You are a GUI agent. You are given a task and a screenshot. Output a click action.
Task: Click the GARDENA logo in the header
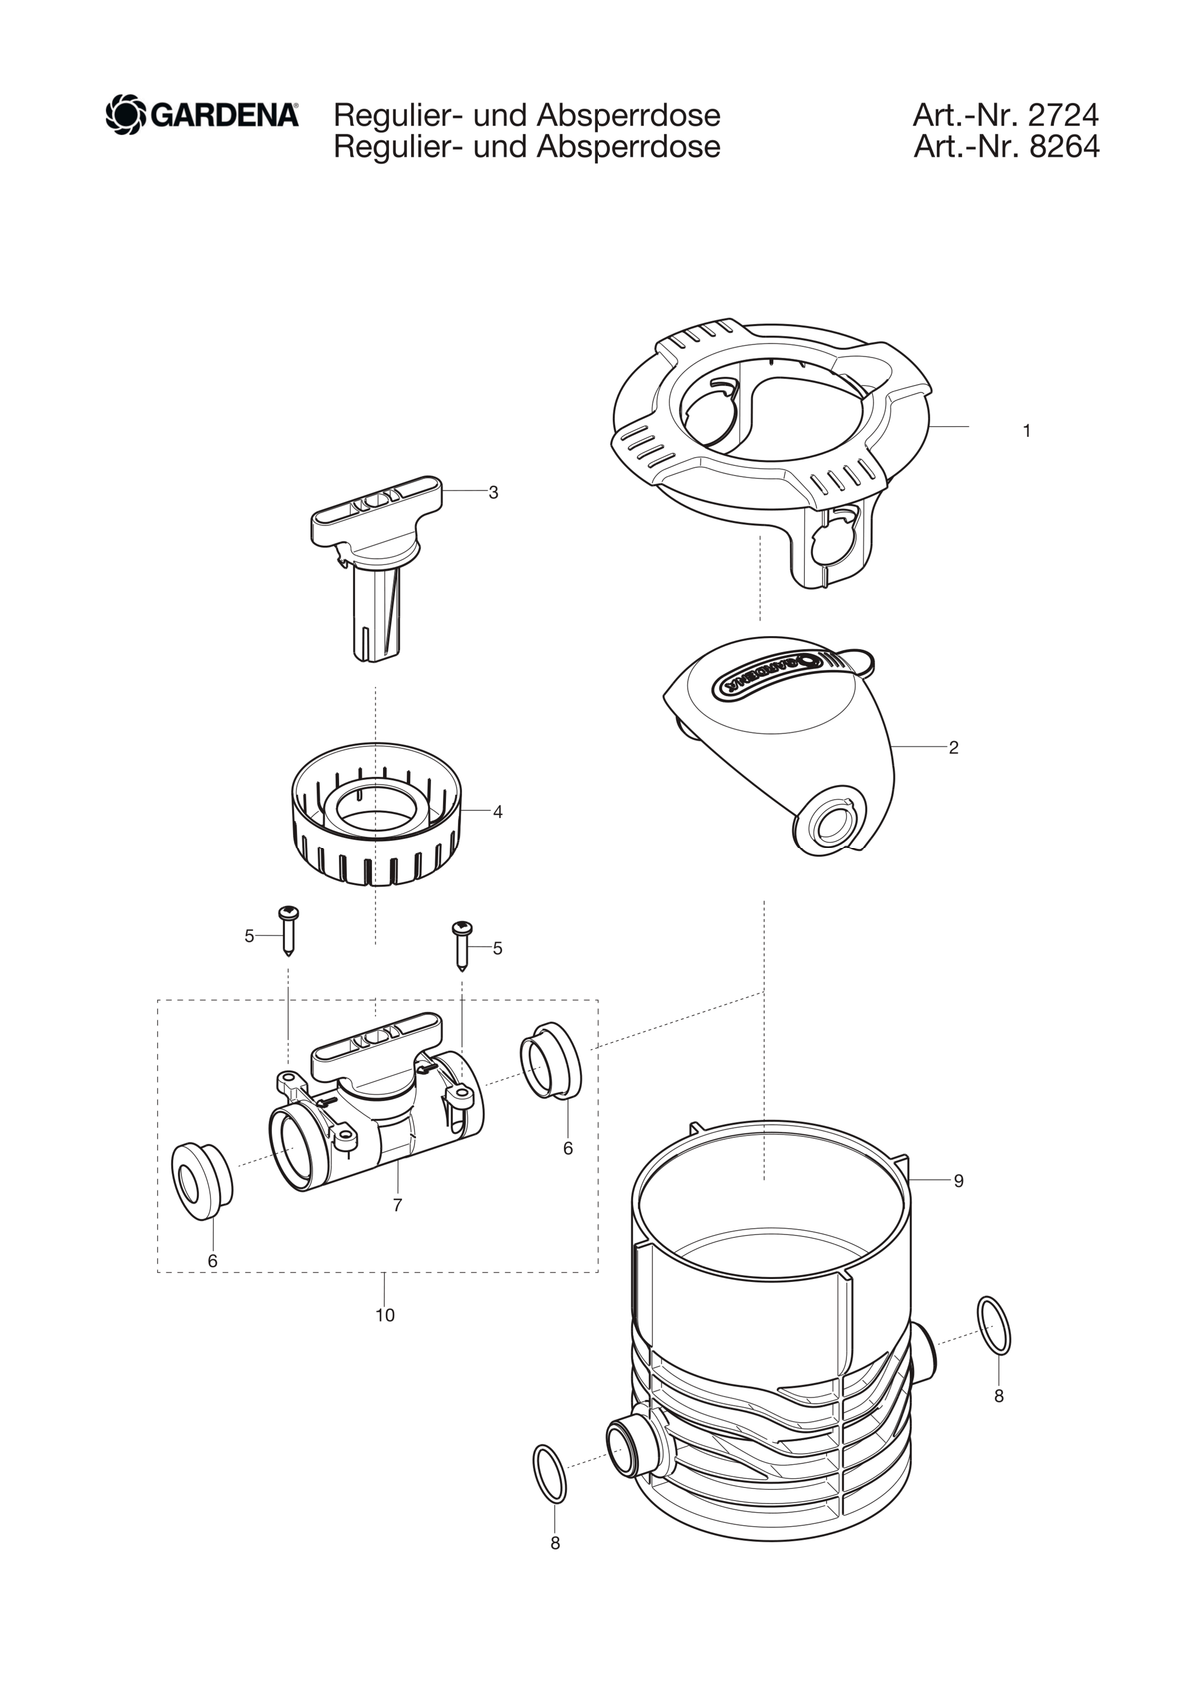coord(202,116)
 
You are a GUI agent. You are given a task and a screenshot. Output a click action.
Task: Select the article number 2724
coord(1061,116)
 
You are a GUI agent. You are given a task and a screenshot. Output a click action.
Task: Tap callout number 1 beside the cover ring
coord(1026,431)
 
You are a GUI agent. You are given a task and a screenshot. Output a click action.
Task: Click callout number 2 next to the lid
coord(954,748)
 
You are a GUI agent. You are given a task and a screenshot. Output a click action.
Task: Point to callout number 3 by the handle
coord(493,492)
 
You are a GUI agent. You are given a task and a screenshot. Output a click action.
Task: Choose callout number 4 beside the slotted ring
coord(498,812)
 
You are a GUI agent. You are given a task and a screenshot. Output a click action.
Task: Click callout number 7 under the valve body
coord(398,1206)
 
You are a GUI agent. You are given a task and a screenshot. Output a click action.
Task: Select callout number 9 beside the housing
coord(958,1181)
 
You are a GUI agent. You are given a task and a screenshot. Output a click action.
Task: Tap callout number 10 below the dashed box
coord(385,1315)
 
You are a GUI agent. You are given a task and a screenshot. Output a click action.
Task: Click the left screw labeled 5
coord(289,930)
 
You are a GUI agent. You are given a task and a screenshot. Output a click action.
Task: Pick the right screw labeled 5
coord(461,945)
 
